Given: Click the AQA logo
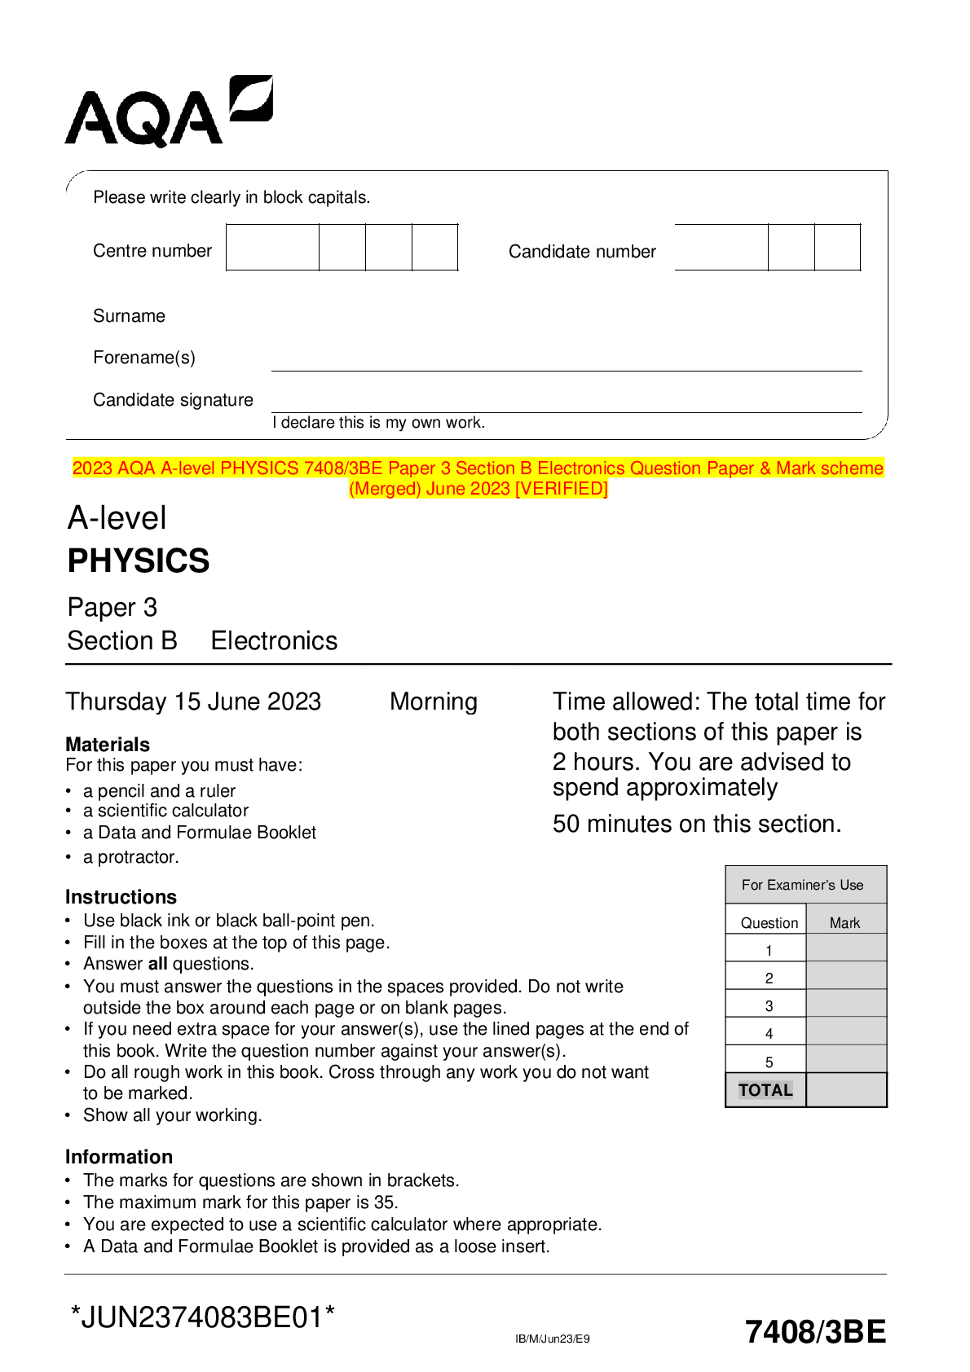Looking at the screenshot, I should tap(168, 112).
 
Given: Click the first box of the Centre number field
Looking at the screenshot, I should tap(272, 248).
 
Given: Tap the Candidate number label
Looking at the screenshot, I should tap(582, 252).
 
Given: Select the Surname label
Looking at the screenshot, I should tap(129, 316).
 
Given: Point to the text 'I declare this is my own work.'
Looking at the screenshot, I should tap(378, 423).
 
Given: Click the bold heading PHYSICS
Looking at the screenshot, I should tap(139, 561).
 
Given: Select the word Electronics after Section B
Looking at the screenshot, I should tap(274, 641).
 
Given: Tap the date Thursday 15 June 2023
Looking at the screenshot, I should tap(193, 701).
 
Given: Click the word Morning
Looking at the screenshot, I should tap(433, 701).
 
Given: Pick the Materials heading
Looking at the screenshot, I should tap(108, 745).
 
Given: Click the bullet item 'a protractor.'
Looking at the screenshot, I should tap(130, 857).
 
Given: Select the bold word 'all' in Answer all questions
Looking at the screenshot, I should tap(157, 964).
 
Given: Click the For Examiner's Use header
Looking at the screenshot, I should tap(802, 885).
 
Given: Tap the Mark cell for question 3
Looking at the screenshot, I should tap(845, 1004).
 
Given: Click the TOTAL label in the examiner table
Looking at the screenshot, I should tap(765, 1090).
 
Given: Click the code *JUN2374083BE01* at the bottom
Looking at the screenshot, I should tap(203, 1317).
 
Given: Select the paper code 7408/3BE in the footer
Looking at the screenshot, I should tap(814, 1331).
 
